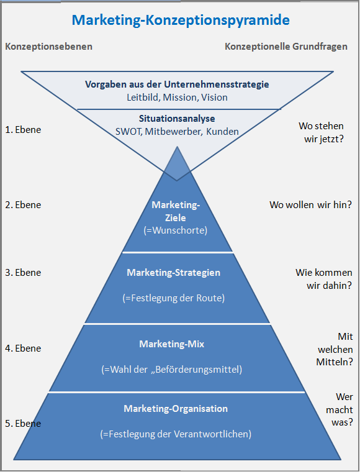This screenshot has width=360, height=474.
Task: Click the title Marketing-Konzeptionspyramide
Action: (181, 21)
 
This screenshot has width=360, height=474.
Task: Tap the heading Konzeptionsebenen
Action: (48, 47)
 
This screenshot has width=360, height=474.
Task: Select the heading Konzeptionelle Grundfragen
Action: (286, 47)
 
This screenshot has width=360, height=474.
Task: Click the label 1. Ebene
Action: (23, 130)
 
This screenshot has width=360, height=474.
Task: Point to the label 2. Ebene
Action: (23, 205)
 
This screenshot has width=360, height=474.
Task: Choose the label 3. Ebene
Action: (23, 273)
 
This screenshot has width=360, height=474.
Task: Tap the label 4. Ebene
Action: (23, 349)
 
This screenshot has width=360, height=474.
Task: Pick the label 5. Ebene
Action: (23, 424)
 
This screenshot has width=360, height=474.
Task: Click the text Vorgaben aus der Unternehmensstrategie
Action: (177, 84)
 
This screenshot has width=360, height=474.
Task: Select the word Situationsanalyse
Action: (177, 119)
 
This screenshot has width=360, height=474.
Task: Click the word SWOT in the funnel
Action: (129, 132)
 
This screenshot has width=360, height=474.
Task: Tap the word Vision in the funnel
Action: (214, 98)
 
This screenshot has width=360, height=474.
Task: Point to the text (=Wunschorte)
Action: (176, 230)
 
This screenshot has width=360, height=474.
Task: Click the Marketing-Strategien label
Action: (174, 273)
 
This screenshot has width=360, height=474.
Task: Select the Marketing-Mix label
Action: (171, 344)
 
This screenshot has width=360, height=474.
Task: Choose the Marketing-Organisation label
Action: (176, 409)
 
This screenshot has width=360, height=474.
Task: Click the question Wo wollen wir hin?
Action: (311, 205)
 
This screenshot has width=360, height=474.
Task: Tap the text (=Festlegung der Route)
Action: (174, 298)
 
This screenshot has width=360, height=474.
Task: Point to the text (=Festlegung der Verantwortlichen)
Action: (176, 434)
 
